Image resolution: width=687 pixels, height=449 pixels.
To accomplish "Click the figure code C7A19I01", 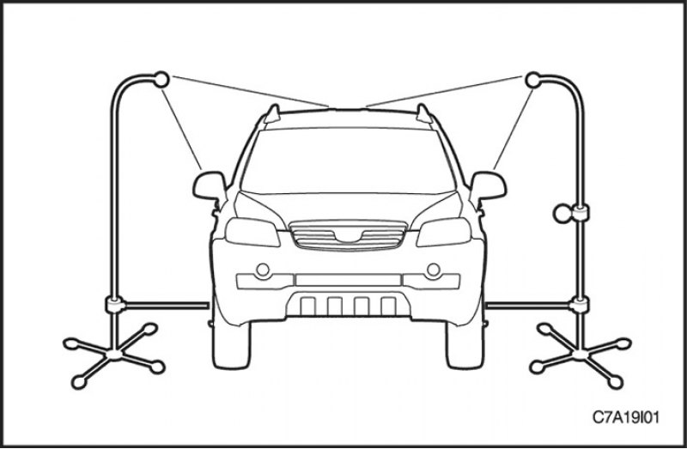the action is (x=626, y=417).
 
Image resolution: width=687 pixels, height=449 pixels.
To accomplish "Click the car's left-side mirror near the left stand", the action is (x=210, y=185).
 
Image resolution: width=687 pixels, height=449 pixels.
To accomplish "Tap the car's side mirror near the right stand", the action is (x=488, y=185).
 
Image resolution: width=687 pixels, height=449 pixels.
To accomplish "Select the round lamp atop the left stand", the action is (x=161, y=79).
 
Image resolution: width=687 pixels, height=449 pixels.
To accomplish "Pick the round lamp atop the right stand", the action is (x=532, y=80).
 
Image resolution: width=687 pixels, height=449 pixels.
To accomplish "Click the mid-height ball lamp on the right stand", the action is (x=562, y=214).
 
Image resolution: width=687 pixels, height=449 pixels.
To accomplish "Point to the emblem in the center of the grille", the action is (x=348, y=237).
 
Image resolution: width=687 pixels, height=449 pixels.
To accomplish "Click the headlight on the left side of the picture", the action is (x=252, y=232).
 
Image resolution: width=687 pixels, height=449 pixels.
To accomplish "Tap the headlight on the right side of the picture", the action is (x=444, y=232).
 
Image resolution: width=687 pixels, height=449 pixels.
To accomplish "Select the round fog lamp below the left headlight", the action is (x=263, y=270).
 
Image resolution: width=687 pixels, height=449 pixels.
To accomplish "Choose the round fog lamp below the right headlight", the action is (x=434, y=270).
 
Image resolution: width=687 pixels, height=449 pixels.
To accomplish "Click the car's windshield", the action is (x=348, y=161).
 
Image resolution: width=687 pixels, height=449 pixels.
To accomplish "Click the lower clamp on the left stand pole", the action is (x=115, y=305).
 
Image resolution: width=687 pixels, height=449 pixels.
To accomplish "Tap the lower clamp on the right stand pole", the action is (x=580, y=305).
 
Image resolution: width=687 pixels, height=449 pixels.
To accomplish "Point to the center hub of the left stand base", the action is (x=115, y=353).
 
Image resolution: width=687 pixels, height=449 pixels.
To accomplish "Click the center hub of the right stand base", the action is (x=581, y=353).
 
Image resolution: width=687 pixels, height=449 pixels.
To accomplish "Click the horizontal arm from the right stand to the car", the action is (x=528, y=305).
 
